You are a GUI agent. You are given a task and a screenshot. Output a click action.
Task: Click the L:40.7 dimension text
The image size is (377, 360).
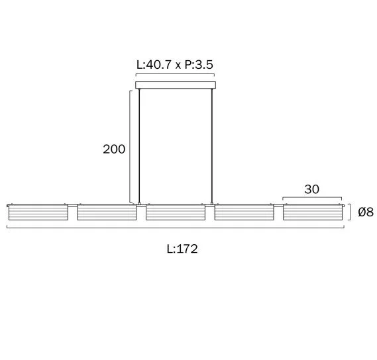[x=154, y=65]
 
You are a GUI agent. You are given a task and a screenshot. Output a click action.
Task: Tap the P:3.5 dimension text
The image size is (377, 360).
[x=199, y=65]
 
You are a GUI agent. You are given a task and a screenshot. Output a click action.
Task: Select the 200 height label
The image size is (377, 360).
[x=114, y=149]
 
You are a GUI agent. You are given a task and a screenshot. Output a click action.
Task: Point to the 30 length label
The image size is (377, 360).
[x=312, y=189]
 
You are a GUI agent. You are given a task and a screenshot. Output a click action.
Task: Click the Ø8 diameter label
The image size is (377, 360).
[x=366, y=212]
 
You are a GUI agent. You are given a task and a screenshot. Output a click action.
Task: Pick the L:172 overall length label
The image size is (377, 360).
[x=182, y=249]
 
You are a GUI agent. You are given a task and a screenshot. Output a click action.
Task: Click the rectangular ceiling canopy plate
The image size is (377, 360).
[x=176, y=85]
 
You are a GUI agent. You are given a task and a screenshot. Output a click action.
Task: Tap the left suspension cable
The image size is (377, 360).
[x=139, y=146]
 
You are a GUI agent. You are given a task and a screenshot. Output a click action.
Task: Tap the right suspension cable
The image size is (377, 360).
[x=212, y=146]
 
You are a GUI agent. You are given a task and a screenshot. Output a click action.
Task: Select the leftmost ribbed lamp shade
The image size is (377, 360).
[x=38, y=212]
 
